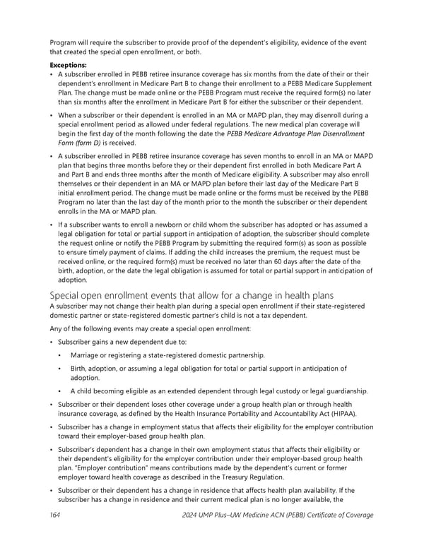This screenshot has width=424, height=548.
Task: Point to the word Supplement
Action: [346, 83]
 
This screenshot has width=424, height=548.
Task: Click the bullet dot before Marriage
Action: [61, 355]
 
